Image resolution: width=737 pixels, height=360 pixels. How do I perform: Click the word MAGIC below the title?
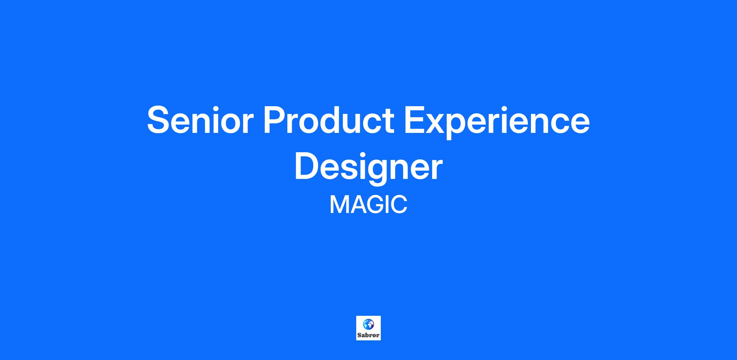tap(368, 205)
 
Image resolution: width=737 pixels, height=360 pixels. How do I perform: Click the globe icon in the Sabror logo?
tap(368, 324)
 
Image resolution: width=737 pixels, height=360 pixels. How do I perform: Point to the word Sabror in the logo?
tap(368, 335)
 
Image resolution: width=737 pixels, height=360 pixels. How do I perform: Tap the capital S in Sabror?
tap(359, 335)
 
